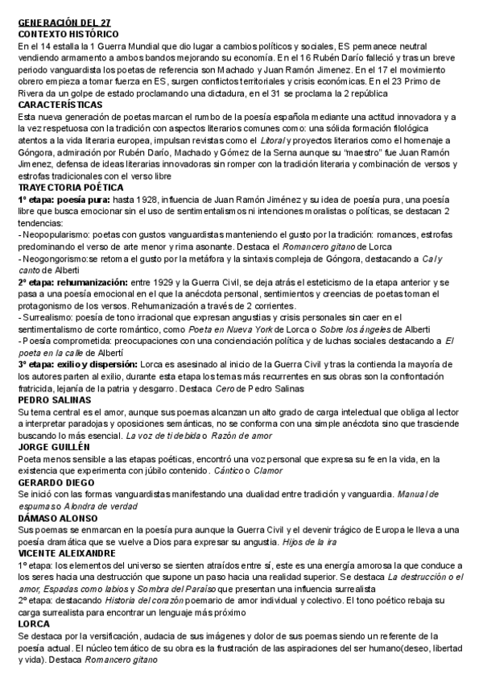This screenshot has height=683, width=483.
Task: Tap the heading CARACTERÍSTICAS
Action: (60, 106)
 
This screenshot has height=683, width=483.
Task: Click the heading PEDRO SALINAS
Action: (53, 399)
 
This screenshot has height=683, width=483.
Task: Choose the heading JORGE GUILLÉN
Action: (54, 445)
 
